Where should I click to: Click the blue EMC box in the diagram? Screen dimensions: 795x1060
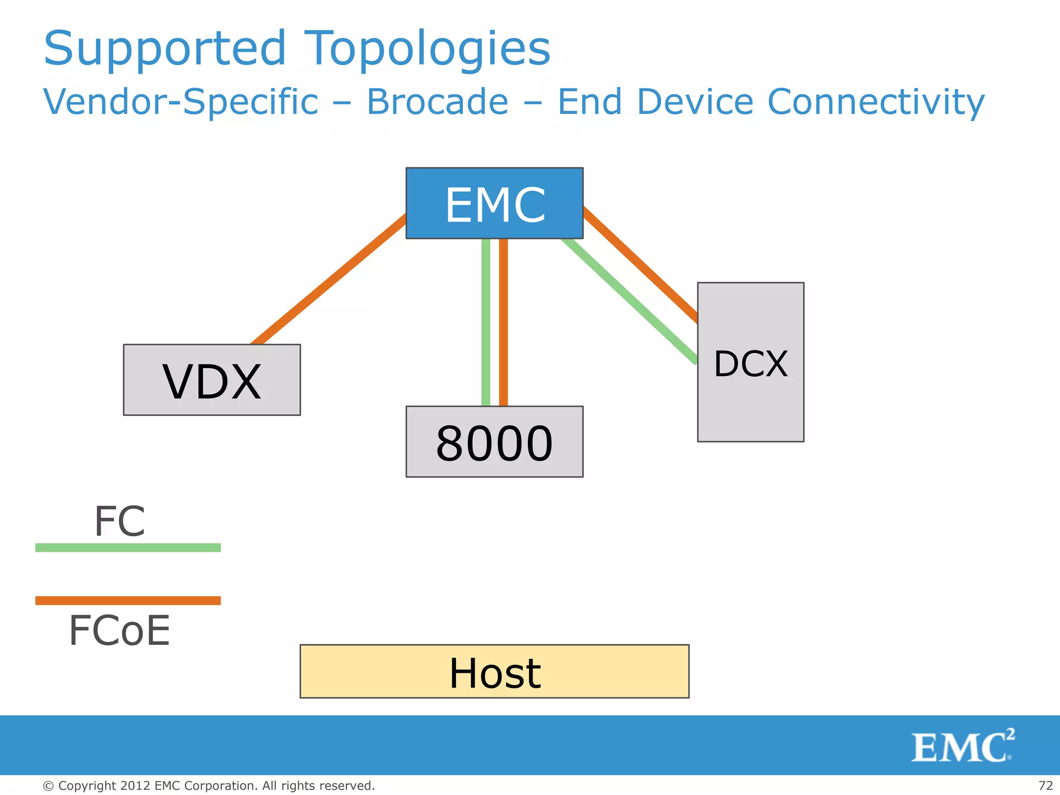(494, 203)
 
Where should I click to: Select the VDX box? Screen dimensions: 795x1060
(212, 380)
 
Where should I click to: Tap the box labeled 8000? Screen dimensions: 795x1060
(494, 441)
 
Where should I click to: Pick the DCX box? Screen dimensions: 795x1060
(750, 362)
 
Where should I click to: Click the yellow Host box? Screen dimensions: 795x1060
(494, 671)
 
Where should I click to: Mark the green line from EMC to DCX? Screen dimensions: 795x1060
(629, 300)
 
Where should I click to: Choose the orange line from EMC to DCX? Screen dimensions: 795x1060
(641, 264)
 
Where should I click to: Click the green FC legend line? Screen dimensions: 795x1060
(128, 548)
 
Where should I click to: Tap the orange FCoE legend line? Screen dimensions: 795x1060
(128, 600)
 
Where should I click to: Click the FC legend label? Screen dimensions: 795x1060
(120, 521)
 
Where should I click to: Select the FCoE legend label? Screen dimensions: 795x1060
(120, 631)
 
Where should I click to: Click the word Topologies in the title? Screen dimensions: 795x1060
(427, 49)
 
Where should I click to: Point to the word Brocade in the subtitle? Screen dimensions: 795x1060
(437, 101)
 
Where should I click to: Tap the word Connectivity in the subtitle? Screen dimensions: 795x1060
(876, 101)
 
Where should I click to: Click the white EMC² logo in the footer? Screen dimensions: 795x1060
(963, 746)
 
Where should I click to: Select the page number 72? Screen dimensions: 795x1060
(1046, 786)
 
